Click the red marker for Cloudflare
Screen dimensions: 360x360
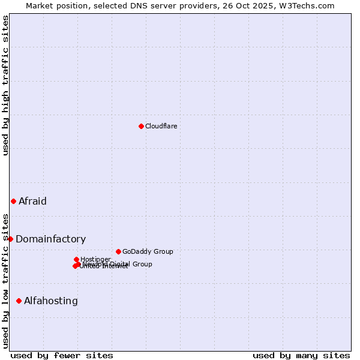tap(141, 126)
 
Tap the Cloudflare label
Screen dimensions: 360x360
tap(161, 126)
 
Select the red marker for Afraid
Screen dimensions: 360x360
tap(13, 201)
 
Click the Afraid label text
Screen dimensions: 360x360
tap(32, 201)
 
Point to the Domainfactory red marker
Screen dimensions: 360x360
tap(10, 239)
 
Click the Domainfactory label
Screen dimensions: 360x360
tap(50, 239)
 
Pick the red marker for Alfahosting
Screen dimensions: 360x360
tap(19, 301)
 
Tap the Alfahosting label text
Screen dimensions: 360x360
tap(50, 301)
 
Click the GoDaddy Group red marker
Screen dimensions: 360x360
tap(118, 251)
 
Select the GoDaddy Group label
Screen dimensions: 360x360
tap(148, 251)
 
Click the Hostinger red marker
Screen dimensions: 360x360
tap(76, 259)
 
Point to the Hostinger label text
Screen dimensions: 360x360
tap(95, 259)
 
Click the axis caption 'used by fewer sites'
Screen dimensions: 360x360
tap(62, 355)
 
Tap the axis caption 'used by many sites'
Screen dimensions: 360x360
tap(301, 355)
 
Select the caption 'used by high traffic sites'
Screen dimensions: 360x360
tap(6, 85)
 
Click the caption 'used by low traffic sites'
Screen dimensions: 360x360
tap(6, 281)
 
